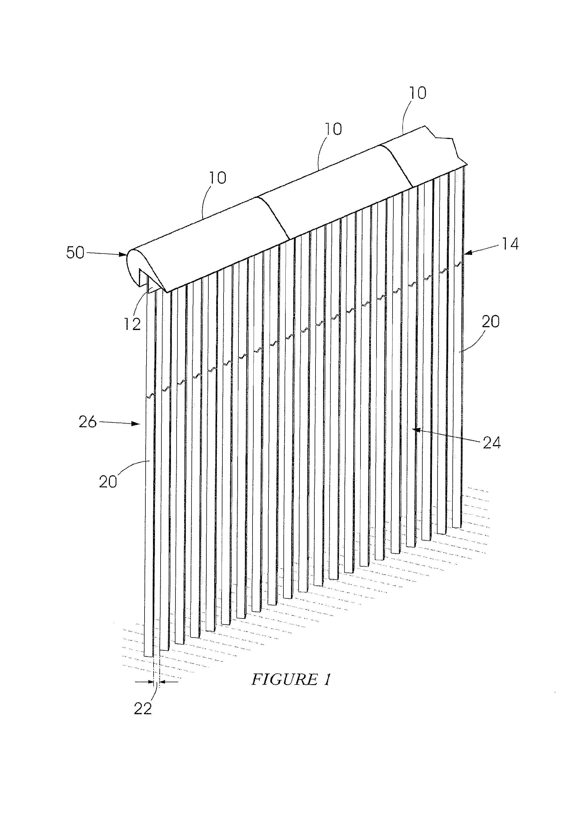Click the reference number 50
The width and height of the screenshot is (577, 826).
(x=75, y=253)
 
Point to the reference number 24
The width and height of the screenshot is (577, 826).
(x=492, y=443)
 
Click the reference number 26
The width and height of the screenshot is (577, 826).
(x=88, y=422)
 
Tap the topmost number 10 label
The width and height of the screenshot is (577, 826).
(x=417, y=93)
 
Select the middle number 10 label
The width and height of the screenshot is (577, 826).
(x=333, y=129)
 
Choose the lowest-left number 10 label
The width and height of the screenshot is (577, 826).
(x=217, y=178)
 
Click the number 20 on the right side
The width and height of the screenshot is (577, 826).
(x=490, y=321)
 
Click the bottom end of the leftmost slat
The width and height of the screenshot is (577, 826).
(x=148, y=656)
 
